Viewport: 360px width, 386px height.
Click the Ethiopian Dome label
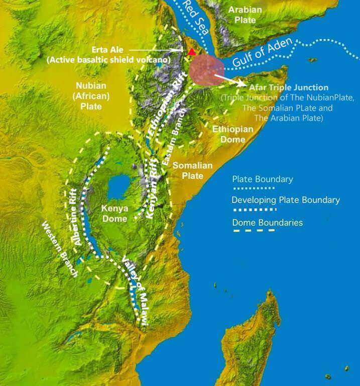point(232,134)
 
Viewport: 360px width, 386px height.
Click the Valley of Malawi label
point(134,289)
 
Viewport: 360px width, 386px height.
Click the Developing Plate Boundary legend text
point(285,200)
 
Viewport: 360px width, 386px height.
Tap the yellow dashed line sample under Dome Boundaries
point(253,231)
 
